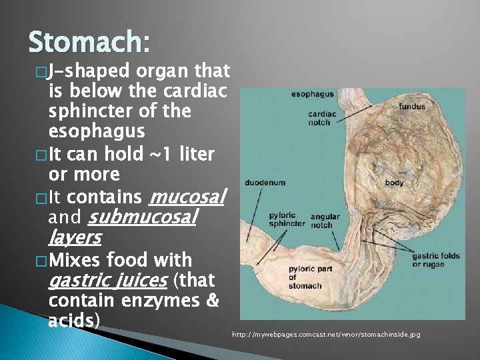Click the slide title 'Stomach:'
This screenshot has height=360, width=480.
tap(89, 45)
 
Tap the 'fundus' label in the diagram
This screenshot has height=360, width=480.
tap(413, 107)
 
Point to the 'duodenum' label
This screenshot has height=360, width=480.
tap(265, 181)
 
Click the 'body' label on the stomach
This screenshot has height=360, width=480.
tap(394, 181)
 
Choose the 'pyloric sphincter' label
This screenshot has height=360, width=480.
tap(287, 219)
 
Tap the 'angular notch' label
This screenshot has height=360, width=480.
tap(325, 219)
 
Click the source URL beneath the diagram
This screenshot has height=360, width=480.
tap(326, 334)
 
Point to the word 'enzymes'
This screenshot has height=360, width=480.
tap(163, 301)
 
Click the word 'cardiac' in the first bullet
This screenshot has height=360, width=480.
tap(187, 91)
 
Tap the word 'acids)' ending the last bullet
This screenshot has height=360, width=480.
tap(74, 321)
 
